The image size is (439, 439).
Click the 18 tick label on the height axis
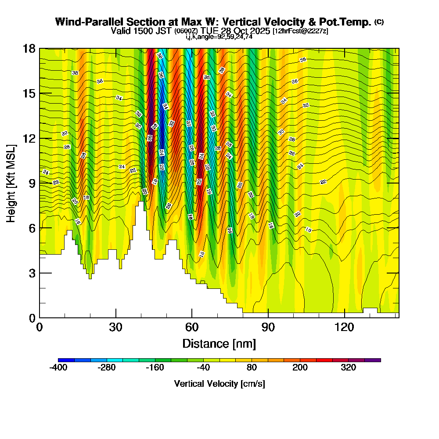(29, 48)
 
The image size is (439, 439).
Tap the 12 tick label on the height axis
(29, 138)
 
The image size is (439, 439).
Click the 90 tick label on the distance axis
(268, 327)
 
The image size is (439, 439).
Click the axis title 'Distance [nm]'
(219, 343)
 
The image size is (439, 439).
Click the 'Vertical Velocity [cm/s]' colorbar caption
(219, 384)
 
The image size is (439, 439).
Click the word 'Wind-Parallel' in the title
(83, 22)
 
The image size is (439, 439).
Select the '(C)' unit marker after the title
(379, 22)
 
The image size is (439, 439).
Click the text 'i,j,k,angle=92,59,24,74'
(219, 37)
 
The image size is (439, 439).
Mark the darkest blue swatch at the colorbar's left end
(66, 360)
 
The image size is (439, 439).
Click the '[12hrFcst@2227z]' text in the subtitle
(300, 31)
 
